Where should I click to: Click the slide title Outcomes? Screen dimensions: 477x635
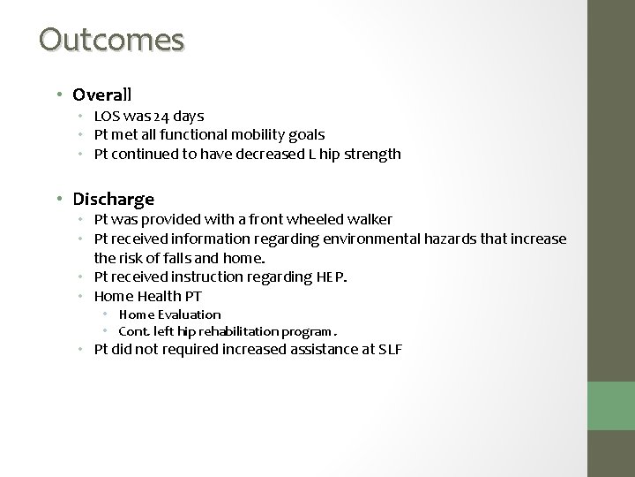112,40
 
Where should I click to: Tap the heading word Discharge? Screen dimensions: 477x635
113,199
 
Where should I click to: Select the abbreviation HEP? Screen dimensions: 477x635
331,277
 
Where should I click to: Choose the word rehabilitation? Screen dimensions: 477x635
231,331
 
